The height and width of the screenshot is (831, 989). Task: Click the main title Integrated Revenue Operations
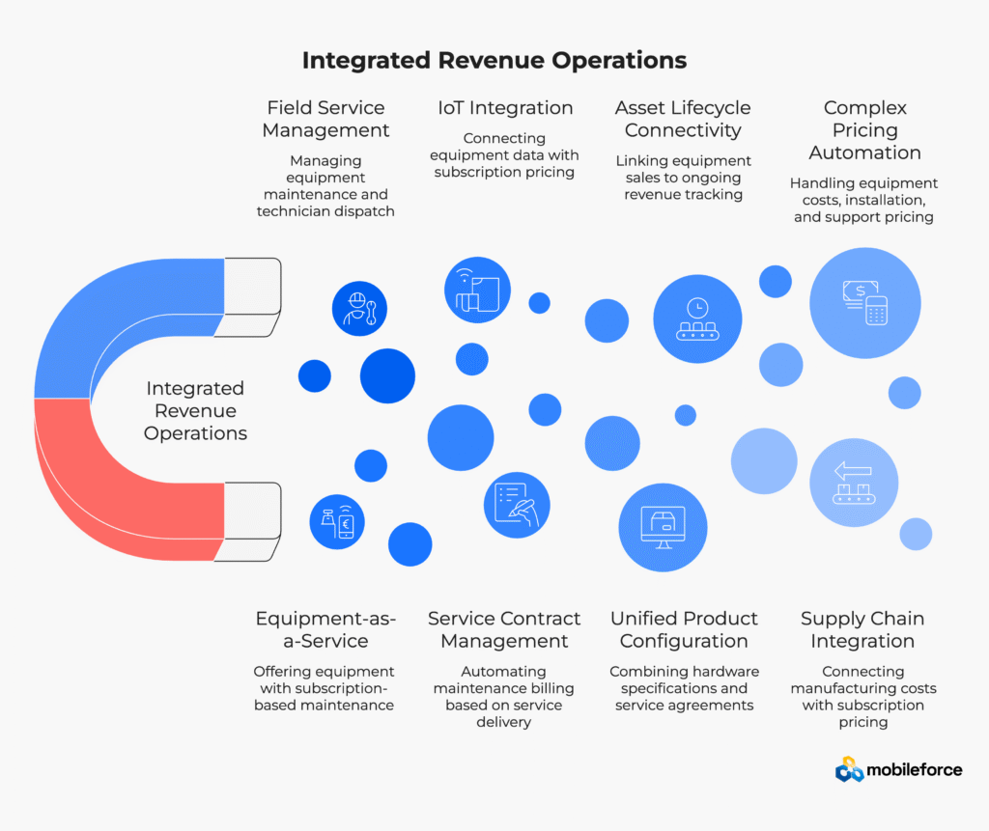494,60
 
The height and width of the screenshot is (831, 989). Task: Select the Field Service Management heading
326,119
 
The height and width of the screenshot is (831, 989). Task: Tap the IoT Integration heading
505,107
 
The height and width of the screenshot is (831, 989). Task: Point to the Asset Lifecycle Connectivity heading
683,119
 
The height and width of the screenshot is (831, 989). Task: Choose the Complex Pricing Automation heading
864,129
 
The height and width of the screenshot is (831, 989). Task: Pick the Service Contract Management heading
504,629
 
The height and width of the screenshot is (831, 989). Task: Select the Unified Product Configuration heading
684,629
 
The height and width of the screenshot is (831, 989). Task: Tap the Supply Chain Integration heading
862,629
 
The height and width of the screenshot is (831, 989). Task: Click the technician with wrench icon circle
359,309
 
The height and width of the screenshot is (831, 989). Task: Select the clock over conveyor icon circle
696,319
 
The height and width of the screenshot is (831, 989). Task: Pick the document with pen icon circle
517,505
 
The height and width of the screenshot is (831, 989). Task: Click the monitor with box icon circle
664,527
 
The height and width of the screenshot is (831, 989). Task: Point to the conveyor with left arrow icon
854,483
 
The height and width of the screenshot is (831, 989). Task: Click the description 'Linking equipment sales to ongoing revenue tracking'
683,178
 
